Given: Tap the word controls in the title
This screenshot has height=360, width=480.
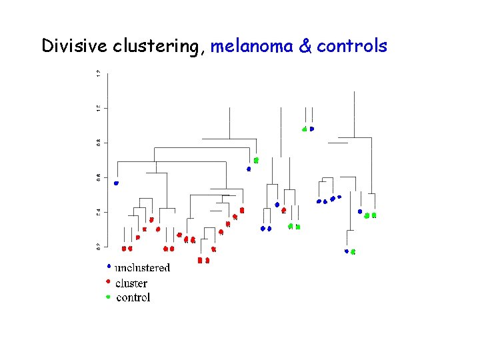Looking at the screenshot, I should pyautogui.click(x=351, y=46).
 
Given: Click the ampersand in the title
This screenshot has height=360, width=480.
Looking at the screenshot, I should pyautogui.click(x=305, y=46).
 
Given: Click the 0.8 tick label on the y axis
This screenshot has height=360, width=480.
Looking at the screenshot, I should pyautogui.click(x=99, y=142).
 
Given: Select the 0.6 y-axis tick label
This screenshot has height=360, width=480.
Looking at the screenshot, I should pyautogui.click(x=99, y=177).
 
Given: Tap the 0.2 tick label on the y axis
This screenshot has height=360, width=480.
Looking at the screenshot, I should pyautogui.click(x=99, y=246).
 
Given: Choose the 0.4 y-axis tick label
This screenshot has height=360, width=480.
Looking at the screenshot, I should pyautogui.click(x=99, y=211).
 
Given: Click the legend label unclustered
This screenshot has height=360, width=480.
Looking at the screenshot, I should pyautogui.click(x=142, y=268).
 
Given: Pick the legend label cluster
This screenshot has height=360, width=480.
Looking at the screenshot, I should pyautogui.click(x=131, y=283).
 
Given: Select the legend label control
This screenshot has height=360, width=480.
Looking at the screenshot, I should pyautogui.click(x=133, y=297).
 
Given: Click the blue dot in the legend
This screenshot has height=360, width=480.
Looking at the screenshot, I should pyautogui.click(x=108, y=266).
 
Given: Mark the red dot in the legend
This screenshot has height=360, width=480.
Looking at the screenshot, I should pyautogui.click(x=108, y=281).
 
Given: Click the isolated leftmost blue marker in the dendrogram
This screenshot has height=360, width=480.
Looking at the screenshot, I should pyautogui.click(x=117, y=183).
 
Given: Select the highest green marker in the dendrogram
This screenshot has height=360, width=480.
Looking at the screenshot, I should pyautogui.click(x=304, y=129).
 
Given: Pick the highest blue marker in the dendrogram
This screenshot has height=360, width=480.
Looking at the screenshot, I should pyautogui.click(x=311, y=129).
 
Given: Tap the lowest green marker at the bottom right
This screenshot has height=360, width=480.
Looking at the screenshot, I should pyautogui.click(x=353, y=252).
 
